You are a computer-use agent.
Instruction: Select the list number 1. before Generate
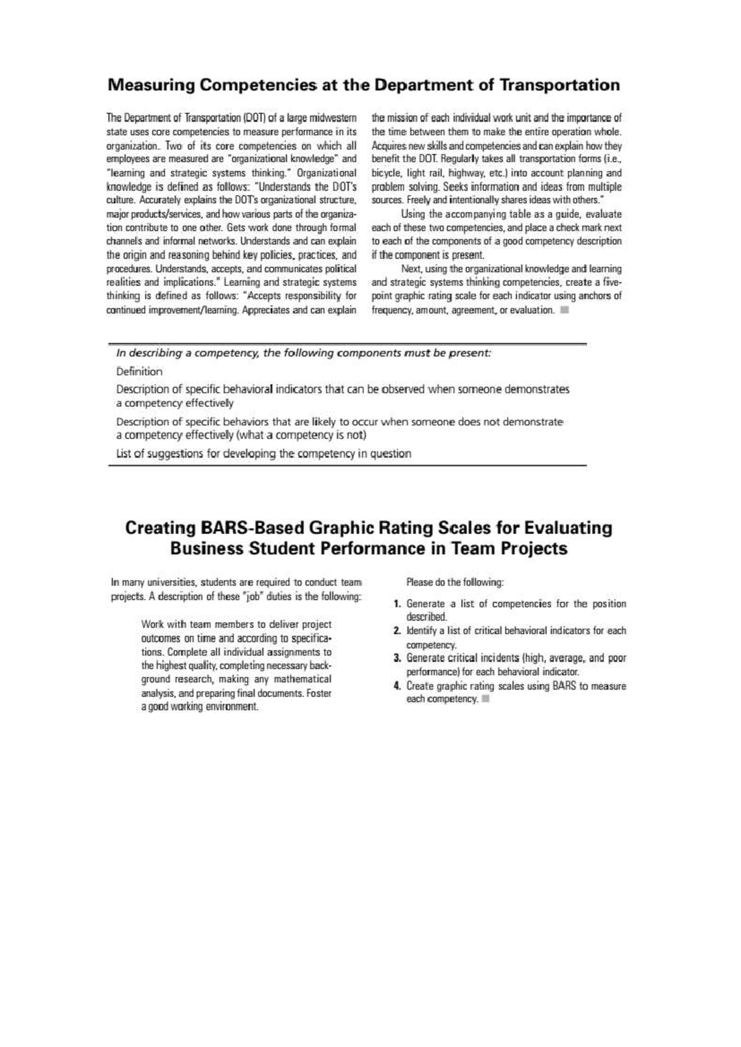click(x=399, y=604)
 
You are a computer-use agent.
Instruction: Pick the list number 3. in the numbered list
click(x=399, y=658)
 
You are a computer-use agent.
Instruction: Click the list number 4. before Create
click(x=399, y=686)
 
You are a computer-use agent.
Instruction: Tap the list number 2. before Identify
click(x=399, y=631)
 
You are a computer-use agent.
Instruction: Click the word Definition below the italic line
click(x=139, y=372)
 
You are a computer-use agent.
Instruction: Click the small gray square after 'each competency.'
click(x=485, y=699)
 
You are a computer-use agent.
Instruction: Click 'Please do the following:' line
click(x=454, y=582)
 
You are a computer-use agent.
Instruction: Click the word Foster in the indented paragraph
click(x=319, y=693)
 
